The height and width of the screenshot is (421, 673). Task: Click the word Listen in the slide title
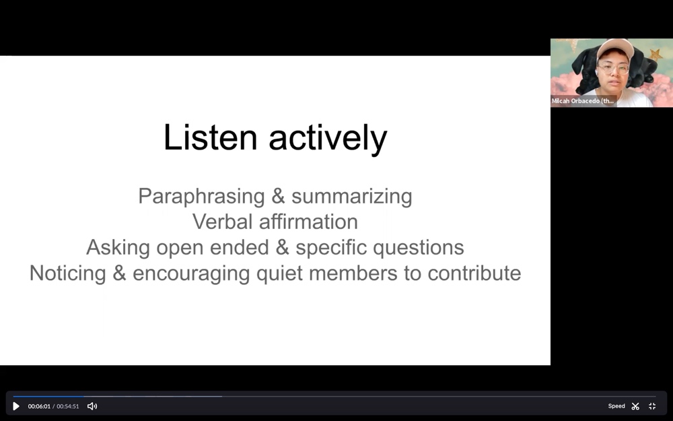[210, 137]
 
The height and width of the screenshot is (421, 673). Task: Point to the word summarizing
[352, 197]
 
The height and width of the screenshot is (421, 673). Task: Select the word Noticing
[68, 273]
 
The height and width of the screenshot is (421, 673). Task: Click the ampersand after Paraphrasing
[278, 196]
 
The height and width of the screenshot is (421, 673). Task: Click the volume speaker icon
[92, 406]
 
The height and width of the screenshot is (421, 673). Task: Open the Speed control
[616, 406]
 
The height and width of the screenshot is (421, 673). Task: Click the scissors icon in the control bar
[636, 406]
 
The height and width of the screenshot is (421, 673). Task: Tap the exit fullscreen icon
[652, 406]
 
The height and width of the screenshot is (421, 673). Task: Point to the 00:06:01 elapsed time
[39, 406]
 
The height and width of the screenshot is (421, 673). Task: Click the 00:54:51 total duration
[68, 406]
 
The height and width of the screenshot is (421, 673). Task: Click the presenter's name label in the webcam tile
[582, 101]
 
